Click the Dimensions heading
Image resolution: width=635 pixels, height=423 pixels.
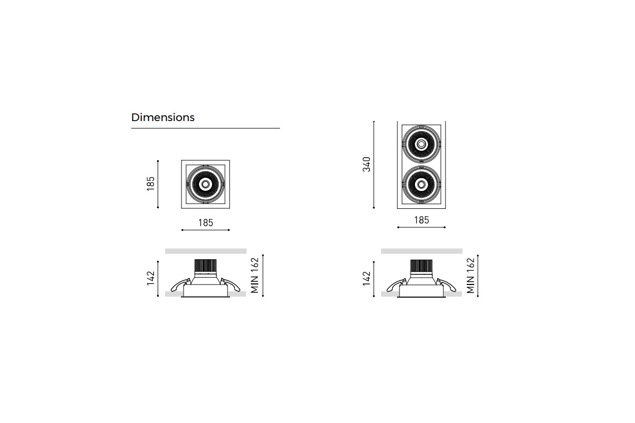[163, 117]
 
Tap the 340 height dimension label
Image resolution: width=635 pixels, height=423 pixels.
[367, 164]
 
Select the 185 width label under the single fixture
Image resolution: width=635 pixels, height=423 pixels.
[205, 223]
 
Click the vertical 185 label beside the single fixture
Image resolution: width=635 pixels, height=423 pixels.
[150, 183]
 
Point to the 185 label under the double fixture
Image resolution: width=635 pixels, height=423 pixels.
[422, 220]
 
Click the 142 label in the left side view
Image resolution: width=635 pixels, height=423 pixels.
[150, 278]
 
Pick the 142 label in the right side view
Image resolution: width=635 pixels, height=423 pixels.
[367, 279]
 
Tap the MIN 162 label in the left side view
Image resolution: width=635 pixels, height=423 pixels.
[255, 275]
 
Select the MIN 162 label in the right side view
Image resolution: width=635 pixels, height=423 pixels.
[470, 275]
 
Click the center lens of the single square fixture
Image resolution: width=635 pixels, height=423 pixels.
[205, 184]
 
